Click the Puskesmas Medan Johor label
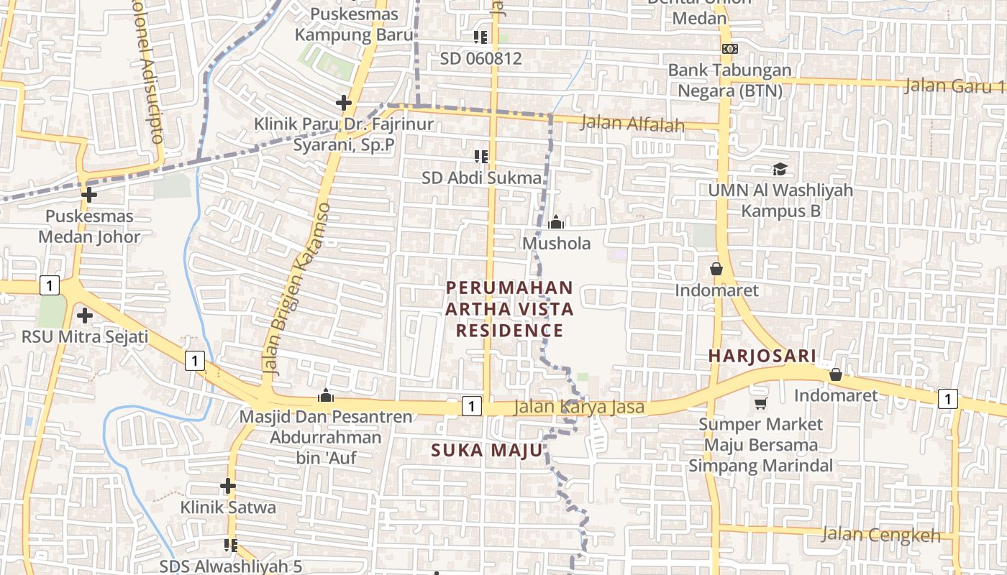click(89, 226)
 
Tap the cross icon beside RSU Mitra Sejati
click(85, 316)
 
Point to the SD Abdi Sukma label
click(481, 178)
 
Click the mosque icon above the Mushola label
click(556, 223)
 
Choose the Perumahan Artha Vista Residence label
click(509, 309)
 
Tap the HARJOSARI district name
click(762, 356)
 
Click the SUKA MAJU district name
click(486, 451)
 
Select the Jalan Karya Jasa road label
click(579, 408)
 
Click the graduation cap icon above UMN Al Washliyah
click(780, 170)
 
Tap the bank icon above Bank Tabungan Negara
click(729, 49)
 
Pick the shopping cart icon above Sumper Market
click(760, 404)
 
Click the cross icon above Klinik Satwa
click(228, 487)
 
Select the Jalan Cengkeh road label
click(880, 535)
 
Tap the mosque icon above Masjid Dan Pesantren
click(326, 395)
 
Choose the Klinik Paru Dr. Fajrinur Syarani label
click(344, 134)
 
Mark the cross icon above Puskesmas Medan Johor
click(89, 195)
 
